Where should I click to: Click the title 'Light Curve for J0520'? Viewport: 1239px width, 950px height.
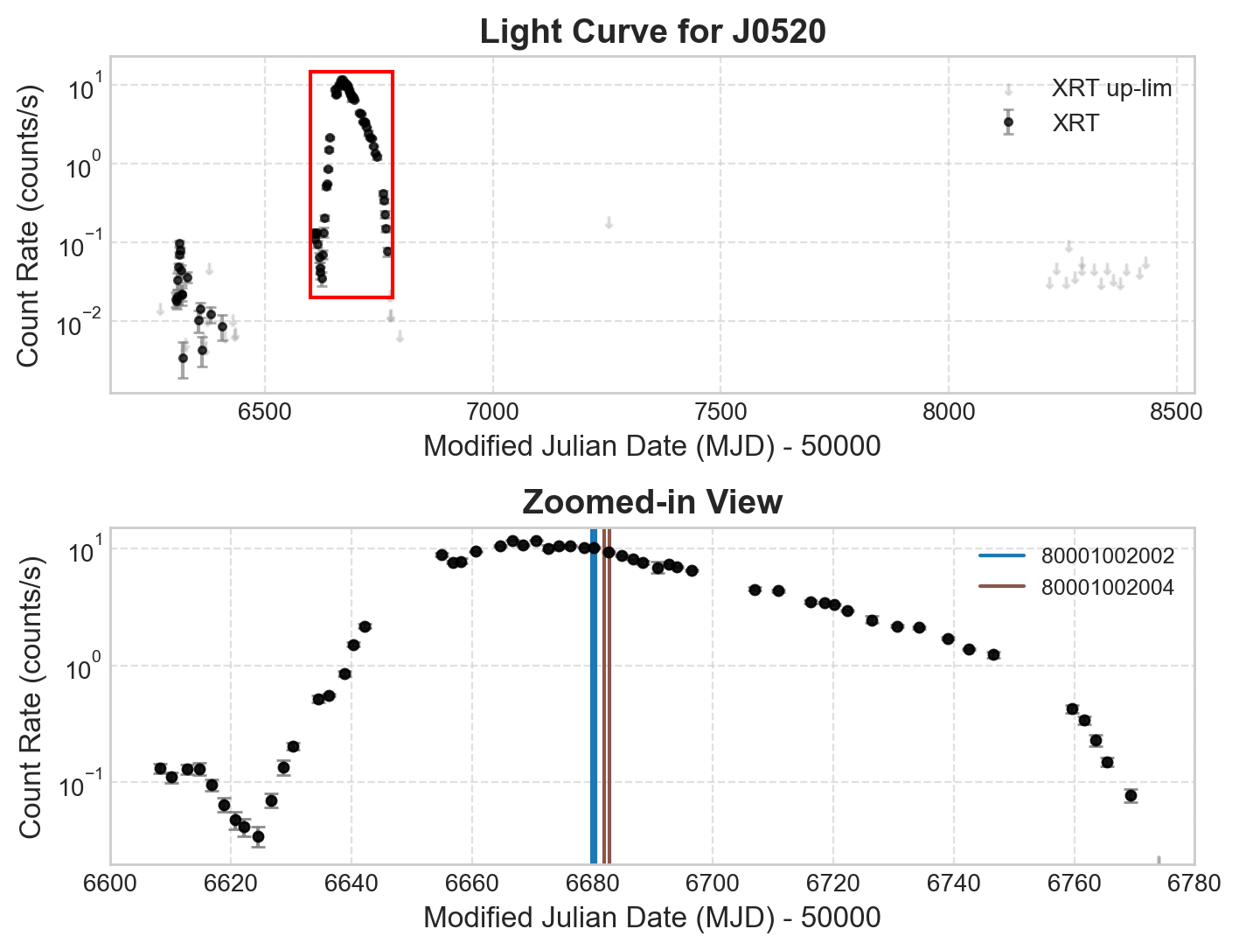pos(652,32)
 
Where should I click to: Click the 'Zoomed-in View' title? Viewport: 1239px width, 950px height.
pos(652,503)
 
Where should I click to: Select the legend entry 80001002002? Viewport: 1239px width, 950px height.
pos(1107,556)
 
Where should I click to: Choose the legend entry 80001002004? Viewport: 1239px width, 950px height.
pos(1107,587)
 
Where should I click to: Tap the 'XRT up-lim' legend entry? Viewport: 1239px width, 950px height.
pos(1110,88)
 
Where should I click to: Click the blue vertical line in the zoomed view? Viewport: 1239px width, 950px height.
pos(594,700)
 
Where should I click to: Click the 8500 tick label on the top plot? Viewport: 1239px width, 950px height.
pos(1176,412)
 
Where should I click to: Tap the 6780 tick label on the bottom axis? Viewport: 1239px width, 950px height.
pos(1194,883)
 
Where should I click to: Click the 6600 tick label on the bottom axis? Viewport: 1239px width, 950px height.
pos(110,883)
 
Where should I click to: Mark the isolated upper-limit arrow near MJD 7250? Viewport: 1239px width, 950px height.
pos(609,223)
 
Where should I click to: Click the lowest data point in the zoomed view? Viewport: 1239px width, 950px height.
pos(258,837)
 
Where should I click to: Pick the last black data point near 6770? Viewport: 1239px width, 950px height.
pos(1131,795)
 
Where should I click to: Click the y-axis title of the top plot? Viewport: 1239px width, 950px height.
pos(29,226)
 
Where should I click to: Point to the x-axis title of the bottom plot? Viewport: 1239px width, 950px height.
pos(652,918)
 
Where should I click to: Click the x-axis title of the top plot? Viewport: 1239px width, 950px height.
pos(652,446)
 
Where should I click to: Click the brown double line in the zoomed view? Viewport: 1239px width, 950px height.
pos(607,700)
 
